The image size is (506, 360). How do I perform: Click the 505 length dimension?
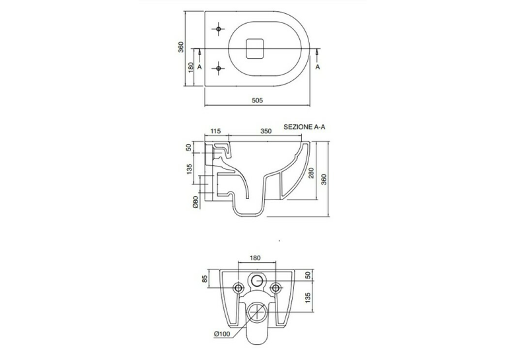[257, 100]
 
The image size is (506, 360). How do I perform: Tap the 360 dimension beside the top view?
[181, 47]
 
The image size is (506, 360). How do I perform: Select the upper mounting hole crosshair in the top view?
[219, 29]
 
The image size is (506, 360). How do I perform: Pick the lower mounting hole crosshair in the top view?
[219, 68]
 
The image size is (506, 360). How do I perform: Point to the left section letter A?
[199, 67]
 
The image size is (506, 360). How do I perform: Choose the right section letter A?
[318, 67]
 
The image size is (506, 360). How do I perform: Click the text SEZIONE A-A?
[305, 127]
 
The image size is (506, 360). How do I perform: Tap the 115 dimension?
[215, 131]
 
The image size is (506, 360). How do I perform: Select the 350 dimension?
[266, 131]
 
